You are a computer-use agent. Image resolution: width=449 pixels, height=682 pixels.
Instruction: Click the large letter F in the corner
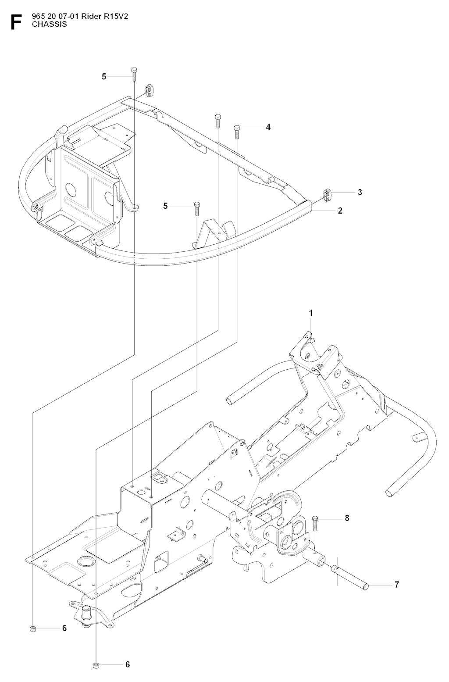pyautogui.click(x=16, y=22)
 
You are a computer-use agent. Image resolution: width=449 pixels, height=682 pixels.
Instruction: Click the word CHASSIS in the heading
pyautogui.click(x=49, y=25)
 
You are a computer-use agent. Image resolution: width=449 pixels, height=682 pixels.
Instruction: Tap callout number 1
pyautogui.click(x=311, y=313)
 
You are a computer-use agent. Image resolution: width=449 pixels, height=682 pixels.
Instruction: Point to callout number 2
pyautogui.click(x=340, y=211)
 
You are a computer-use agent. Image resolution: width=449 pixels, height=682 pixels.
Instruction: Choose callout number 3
pyautogui.click(x=360, y=193)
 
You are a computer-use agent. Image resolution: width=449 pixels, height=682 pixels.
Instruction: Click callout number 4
pyautogui.click(x=268, y=127)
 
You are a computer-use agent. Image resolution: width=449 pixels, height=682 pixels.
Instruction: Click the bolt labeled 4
pyautogui.click(x=237, y=132)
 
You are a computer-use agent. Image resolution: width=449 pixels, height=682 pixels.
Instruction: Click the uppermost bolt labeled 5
pyautogui.click(x=134, y=74)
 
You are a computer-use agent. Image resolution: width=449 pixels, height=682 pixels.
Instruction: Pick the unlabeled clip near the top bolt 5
pyautogui.click(x=150, y=90)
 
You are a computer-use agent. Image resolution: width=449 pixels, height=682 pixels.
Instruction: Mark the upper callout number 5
pyautogui.click(x=104, y=77)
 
